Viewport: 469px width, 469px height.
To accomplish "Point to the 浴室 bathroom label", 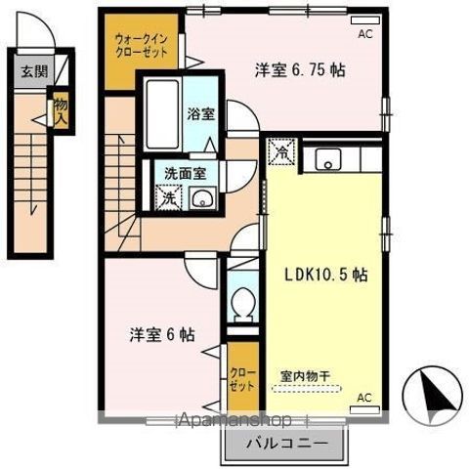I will click(x=201, y=112).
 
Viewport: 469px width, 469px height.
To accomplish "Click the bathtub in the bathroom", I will click(x=162, y=115).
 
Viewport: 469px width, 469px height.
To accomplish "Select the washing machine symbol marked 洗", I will click(x=169, y=196).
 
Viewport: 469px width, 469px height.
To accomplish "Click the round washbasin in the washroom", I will click(x=203, y=198).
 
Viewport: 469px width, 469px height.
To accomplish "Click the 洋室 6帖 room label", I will click(x=163, y=334).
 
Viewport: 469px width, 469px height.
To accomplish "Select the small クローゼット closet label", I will click(x=240, y=379).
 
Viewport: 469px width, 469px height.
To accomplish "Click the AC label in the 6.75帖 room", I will click(x=365, y=33).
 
